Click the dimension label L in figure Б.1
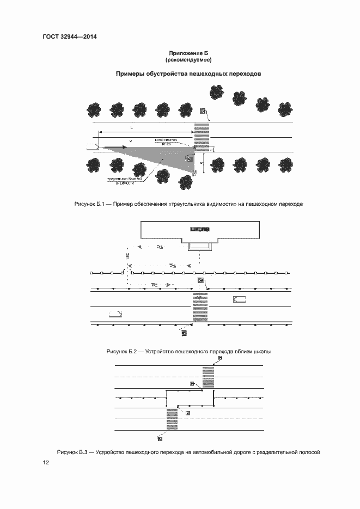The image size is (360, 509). pos(132,127)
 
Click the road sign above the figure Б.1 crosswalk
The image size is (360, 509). pos(203,112)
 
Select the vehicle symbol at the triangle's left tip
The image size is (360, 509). pos(91,146)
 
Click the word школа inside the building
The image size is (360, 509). pos(200,230)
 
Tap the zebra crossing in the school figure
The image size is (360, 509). pos(200,309)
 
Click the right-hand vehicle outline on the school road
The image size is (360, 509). pos(239,299)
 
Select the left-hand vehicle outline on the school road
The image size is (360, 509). pos(115,313)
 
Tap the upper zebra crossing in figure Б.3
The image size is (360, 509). pos(208,376)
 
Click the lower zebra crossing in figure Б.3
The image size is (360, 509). pos(172,418)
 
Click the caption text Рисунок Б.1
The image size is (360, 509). pos(89,204)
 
